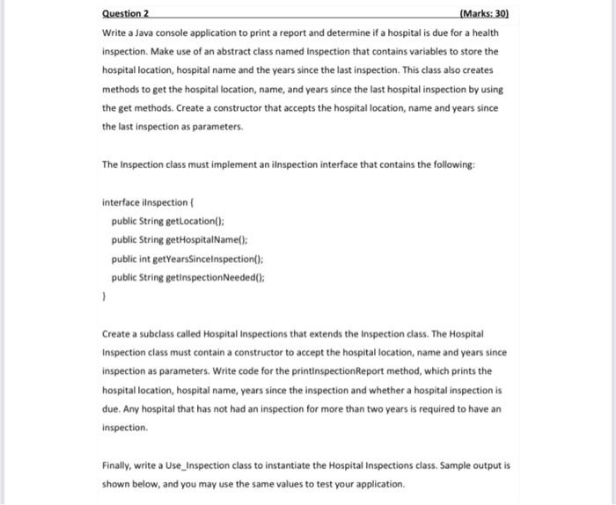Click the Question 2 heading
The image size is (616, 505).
126,14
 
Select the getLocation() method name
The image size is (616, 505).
195,221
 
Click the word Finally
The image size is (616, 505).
118,465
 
